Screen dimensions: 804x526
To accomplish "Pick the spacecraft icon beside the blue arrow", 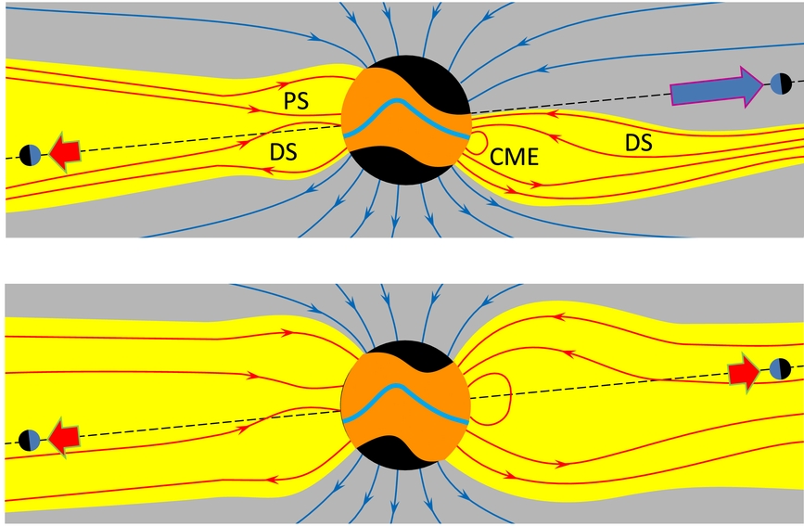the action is coord(779,84).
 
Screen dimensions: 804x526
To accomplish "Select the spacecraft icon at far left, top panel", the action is coord(30,154).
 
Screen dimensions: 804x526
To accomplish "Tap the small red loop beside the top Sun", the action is coord(477,143).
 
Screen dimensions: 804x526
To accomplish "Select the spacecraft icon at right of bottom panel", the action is coord(779,368).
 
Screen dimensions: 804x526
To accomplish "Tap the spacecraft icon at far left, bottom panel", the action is coord(30,438).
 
